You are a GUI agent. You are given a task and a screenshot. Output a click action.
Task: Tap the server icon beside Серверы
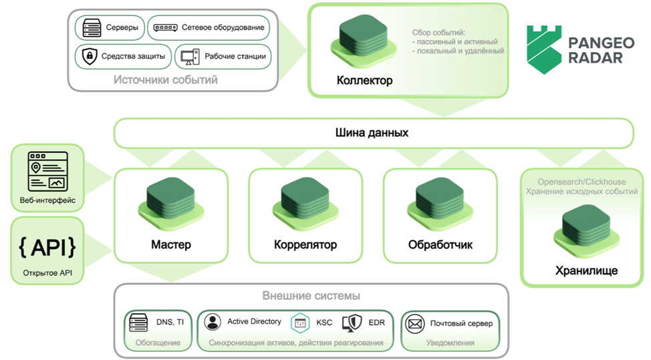(x=91, y=28)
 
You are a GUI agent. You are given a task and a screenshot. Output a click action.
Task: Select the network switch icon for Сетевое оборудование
(x=165, y=28)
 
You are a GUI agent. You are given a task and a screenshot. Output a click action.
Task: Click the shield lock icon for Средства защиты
(x=89, y=56)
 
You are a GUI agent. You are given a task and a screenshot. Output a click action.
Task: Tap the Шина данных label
(x=372, y=132)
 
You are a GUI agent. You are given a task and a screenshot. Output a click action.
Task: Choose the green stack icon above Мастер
(x=170, y=200)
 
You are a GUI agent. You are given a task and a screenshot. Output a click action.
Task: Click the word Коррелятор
(x=305, y=244)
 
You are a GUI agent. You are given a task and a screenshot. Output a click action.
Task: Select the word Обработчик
(x=440, y=244)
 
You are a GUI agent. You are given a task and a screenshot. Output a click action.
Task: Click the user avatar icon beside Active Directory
(x=213, y=322)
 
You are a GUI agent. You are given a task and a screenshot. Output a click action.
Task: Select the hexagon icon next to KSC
(x=301, y=323)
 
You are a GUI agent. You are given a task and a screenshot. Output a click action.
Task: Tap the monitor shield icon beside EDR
(x=352, y=323)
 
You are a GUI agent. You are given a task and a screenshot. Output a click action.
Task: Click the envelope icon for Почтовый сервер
(x=415, y=323)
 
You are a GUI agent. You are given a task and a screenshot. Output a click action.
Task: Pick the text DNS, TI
(x=170, y=322)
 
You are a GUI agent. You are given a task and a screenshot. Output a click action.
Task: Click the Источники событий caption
(x=165, y=80)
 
